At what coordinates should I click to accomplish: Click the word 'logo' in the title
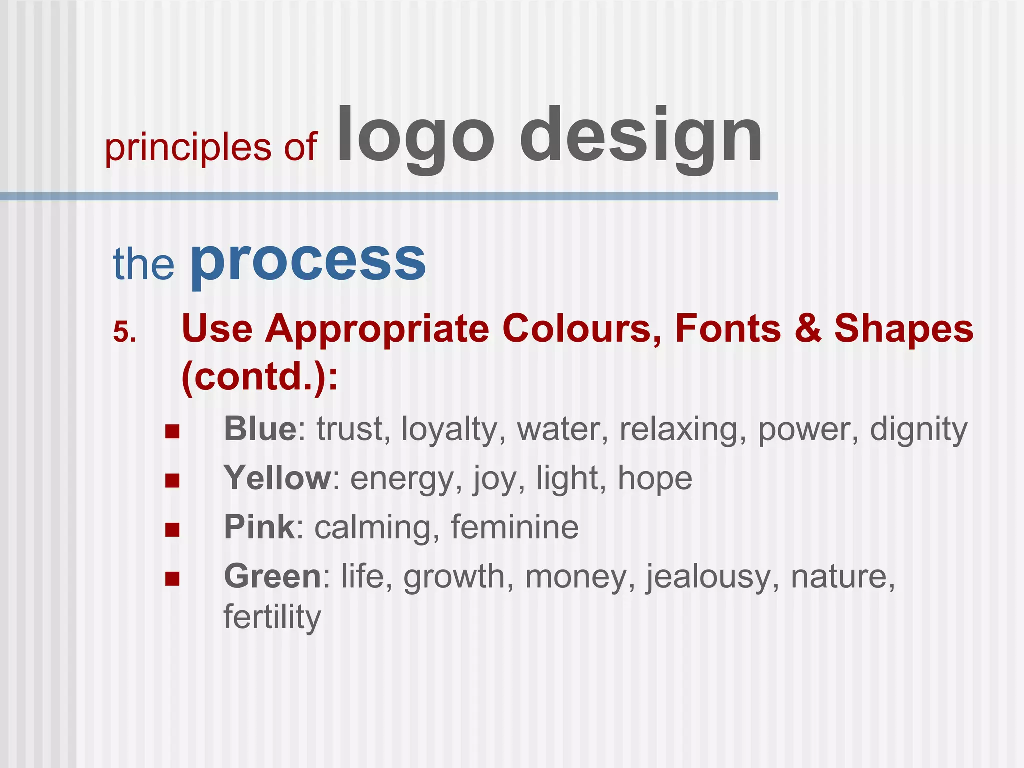pos(416,137)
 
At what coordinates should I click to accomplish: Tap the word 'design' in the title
pos(641,137)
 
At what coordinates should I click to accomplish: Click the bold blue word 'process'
pos(308,262)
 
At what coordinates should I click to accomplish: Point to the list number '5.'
pos(125,332)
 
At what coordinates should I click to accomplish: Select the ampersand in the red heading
pos(808,328)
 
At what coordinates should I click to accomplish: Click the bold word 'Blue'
pos(260,429)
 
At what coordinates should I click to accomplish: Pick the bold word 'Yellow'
pos(277,478)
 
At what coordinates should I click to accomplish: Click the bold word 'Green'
pos(273,576)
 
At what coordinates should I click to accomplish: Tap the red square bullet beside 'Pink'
pos(172,529)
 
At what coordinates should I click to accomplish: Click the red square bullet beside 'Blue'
pos(172,431)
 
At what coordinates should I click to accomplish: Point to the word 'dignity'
pos(918,430)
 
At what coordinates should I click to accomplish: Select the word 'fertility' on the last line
pos(272,617)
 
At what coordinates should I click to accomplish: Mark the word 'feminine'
pos(515,527)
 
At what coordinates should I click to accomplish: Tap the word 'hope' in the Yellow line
pos(655,479)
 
